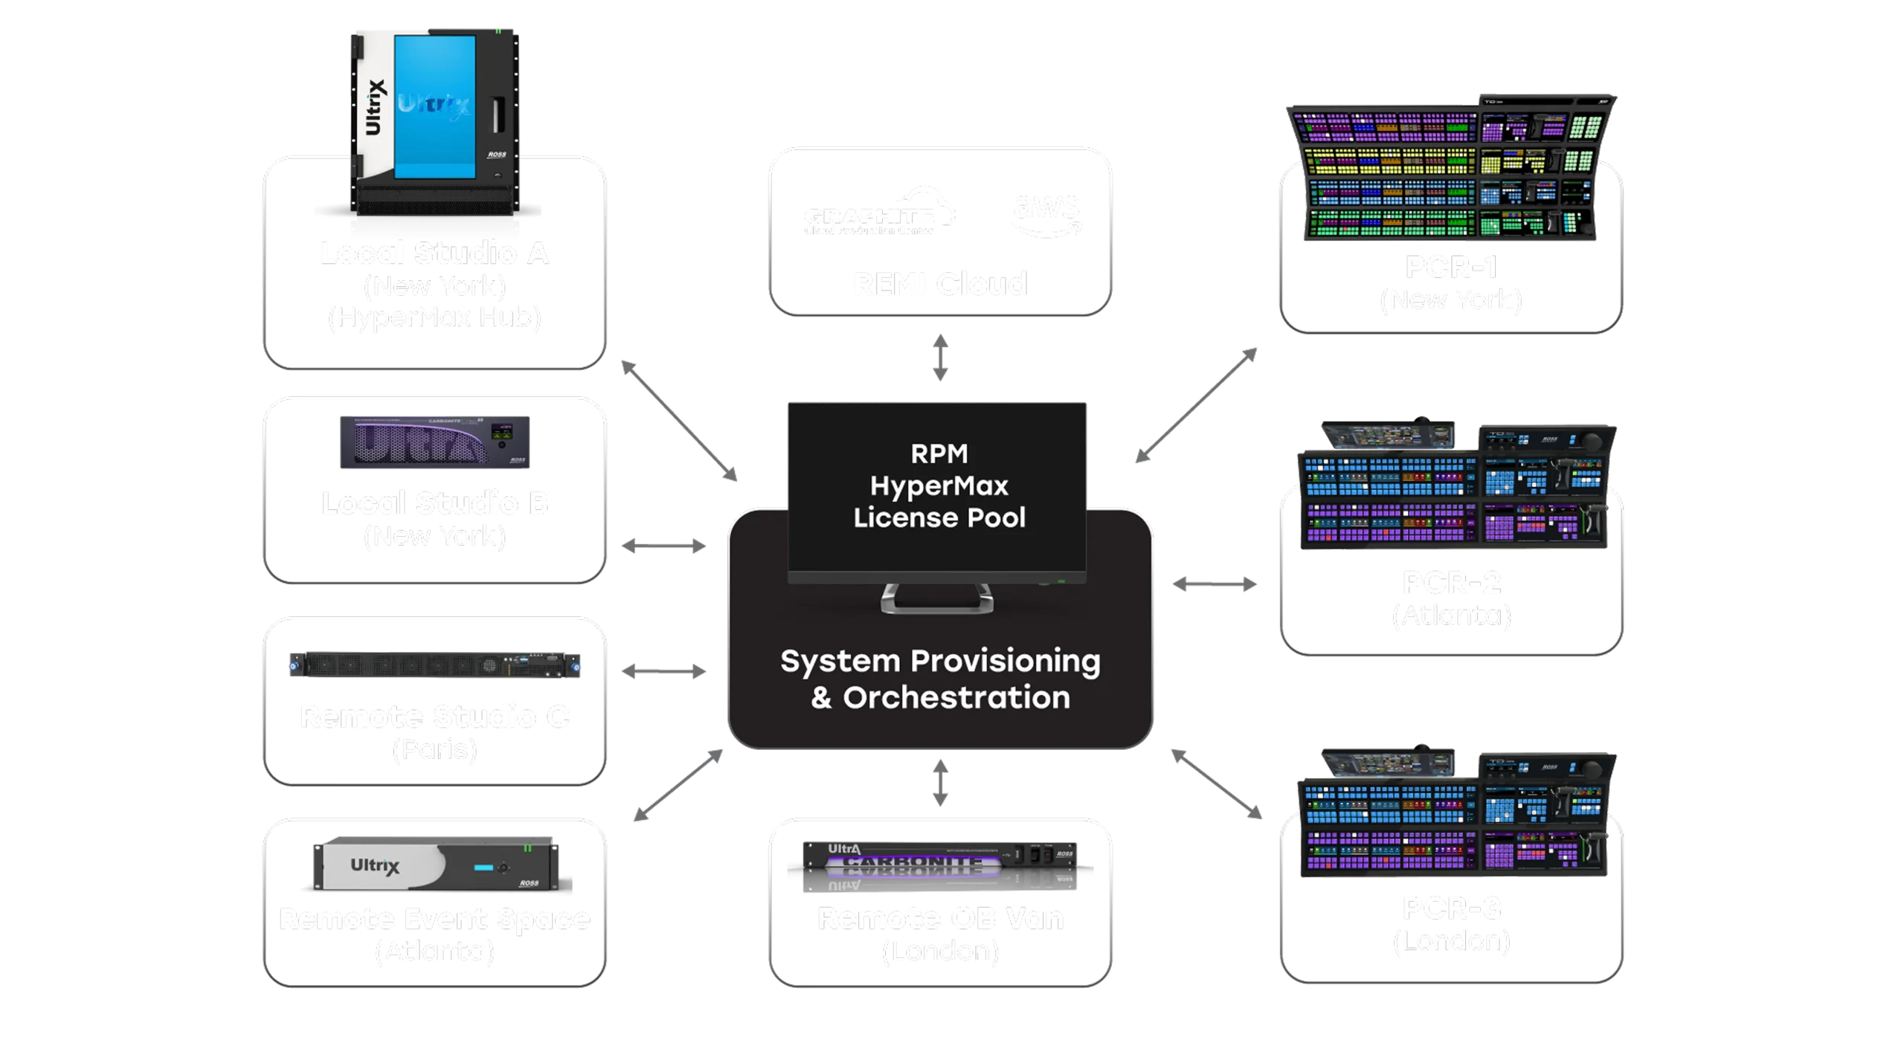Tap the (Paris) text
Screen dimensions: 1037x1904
coord(435,749)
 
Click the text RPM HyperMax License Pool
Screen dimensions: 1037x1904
coord(939,485)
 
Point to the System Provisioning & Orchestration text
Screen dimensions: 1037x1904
coord(940,679)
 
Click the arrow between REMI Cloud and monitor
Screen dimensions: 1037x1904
coord(941,359)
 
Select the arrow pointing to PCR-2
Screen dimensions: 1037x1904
coord(1215,584)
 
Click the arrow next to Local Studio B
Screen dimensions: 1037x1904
coord(663,547)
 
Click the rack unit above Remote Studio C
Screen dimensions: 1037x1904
coord(434,664)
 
